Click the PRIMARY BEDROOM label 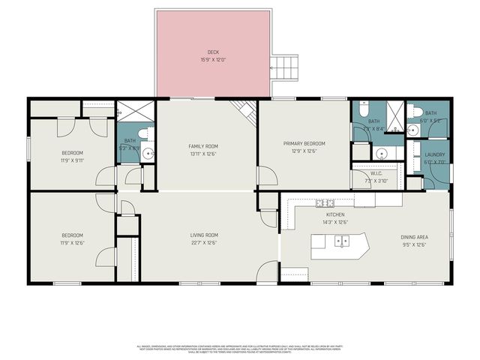[x=304, y=143]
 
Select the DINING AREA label [x=414, y=237]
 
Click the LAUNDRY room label [x=435, y=154]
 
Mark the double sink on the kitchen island [x=341, y=241]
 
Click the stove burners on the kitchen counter [x=325, y=202]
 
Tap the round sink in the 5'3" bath [x=148, y=154]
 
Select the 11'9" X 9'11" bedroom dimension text [x=73, y=159]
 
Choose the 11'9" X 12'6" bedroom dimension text [x=73, y=242]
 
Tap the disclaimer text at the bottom [x=239, y=348]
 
